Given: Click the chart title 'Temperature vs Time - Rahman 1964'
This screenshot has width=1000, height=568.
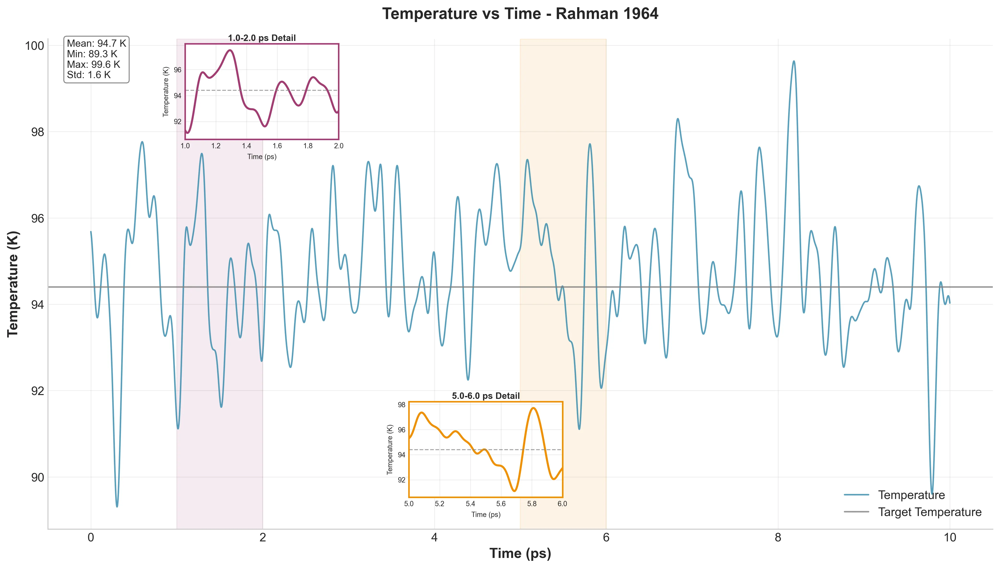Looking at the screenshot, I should [520, 14].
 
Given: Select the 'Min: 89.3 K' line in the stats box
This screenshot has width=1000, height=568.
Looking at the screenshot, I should [92, 54].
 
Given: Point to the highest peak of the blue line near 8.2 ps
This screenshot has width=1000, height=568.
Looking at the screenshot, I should [793, 61].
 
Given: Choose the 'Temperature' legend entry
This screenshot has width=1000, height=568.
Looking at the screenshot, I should [911, 495].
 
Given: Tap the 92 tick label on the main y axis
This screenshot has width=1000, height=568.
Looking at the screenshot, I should [37, 391].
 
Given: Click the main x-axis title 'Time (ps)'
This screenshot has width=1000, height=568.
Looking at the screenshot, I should [520, 553].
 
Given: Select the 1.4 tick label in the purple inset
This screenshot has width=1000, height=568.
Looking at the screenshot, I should [246, 146].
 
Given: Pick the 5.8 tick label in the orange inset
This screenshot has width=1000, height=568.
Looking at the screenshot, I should [532, 504].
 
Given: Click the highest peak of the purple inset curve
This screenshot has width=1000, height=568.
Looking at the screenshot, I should [230, 50].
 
